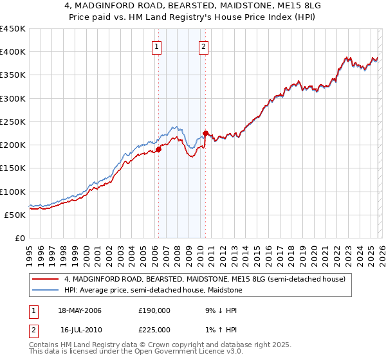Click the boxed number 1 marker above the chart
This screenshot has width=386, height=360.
(158, 46)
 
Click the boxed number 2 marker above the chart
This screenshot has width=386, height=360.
(203, 46)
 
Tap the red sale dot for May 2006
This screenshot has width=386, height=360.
(158, 150)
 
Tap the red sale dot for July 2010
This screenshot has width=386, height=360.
(205, 134)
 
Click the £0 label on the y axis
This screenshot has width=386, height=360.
(19, 238)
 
